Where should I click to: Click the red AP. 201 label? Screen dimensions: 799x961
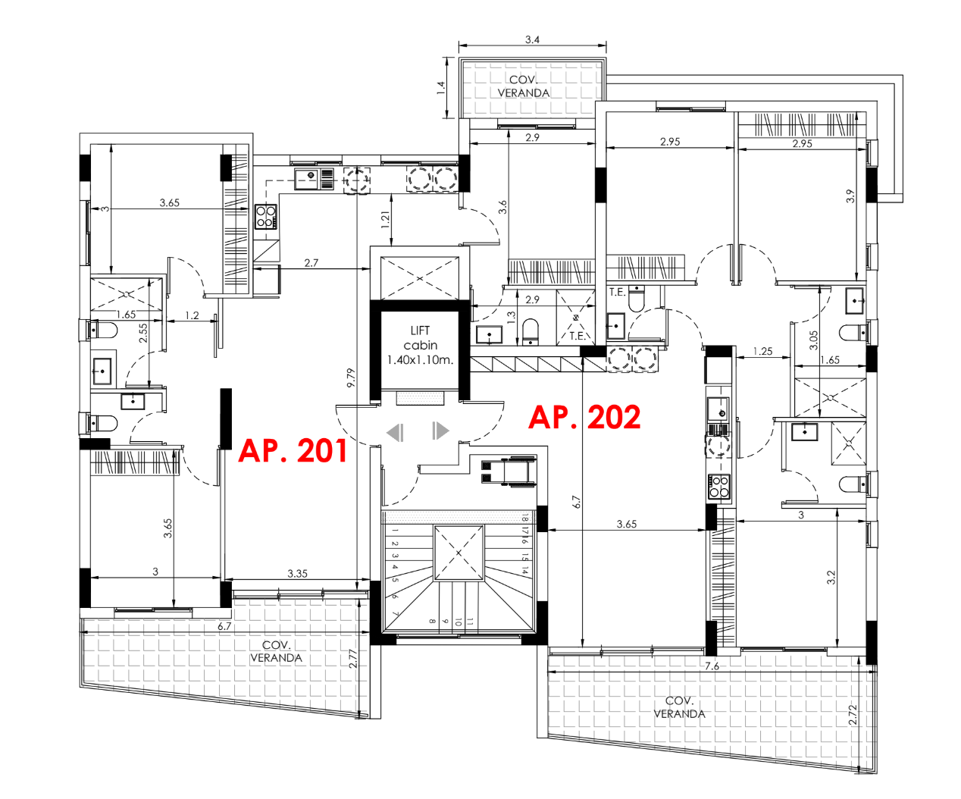(293, 450)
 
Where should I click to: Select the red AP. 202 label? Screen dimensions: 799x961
(584, 418)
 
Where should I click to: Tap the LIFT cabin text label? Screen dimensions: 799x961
(420, 345)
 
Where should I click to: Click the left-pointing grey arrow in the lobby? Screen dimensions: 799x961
(395, 432)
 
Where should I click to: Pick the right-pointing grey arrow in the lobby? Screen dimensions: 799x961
(440, 431)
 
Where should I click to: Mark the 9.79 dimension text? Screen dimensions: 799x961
(350, 378)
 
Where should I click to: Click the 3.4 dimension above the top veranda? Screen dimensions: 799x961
(532, 39)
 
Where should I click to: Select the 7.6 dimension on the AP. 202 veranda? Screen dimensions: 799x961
(712, 666)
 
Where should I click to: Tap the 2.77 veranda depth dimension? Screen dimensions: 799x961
(353, 658)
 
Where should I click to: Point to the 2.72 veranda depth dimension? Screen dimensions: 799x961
(853, 715)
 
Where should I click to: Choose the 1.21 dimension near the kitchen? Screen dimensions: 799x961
(385, 221)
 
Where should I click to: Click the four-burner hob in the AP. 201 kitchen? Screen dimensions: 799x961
(265, 217)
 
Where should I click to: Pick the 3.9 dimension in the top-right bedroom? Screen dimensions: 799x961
(850, 196)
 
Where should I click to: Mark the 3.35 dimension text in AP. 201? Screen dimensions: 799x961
(297, 573)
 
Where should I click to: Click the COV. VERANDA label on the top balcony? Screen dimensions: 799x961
(524, 86)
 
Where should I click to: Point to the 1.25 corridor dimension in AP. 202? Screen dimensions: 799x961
(762, 351)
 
